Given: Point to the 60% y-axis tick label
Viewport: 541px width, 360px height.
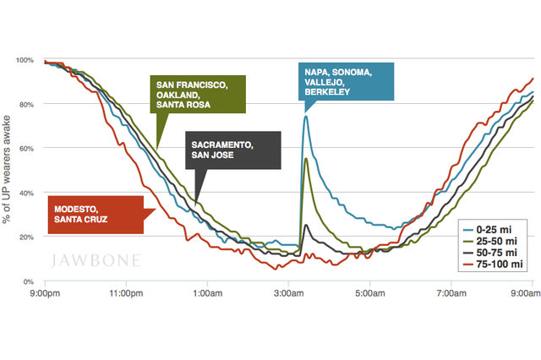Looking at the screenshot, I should [25, 149].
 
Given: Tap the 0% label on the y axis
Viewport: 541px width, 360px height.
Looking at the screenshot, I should [27, 281].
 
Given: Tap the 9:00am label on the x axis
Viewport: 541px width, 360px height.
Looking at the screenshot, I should [524, 293].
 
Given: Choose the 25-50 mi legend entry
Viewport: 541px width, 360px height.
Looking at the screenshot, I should [495, 241].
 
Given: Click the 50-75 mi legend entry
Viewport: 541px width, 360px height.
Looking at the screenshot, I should [495, 252].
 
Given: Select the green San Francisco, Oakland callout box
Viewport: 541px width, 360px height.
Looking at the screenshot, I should [198, 95].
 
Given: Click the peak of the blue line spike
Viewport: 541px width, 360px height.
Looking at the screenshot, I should [305, 116].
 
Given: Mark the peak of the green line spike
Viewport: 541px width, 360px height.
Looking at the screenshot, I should [304, 158].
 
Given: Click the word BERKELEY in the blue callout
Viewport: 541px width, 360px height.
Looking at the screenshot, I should [327, 92].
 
